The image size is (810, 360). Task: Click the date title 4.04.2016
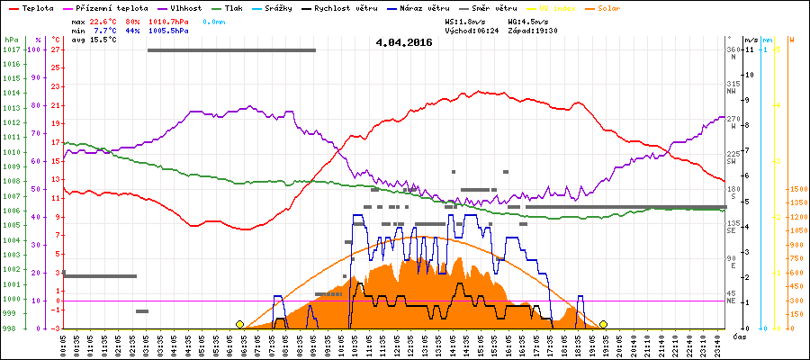pos(404,42)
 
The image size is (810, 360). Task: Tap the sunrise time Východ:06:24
pos(474,30)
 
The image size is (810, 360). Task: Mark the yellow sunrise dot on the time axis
pos(239,324)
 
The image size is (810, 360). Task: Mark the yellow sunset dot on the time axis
pos(603,324)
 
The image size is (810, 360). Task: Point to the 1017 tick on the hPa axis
pos(11,49)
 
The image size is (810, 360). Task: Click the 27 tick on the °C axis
pos(55,49)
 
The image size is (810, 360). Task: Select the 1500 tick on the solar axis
pos(796,189)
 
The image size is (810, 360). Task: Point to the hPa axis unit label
pos(11,40)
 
